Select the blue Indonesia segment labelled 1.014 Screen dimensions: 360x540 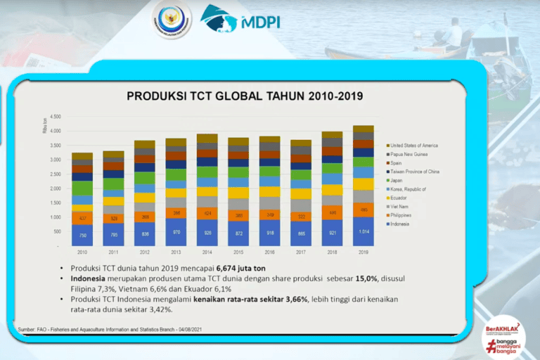pos(363,231)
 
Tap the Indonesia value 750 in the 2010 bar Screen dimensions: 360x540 pos(82,236)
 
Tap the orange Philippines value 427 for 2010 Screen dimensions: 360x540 pos(82,218)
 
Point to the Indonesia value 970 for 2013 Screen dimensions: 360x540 pos(176,231)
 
